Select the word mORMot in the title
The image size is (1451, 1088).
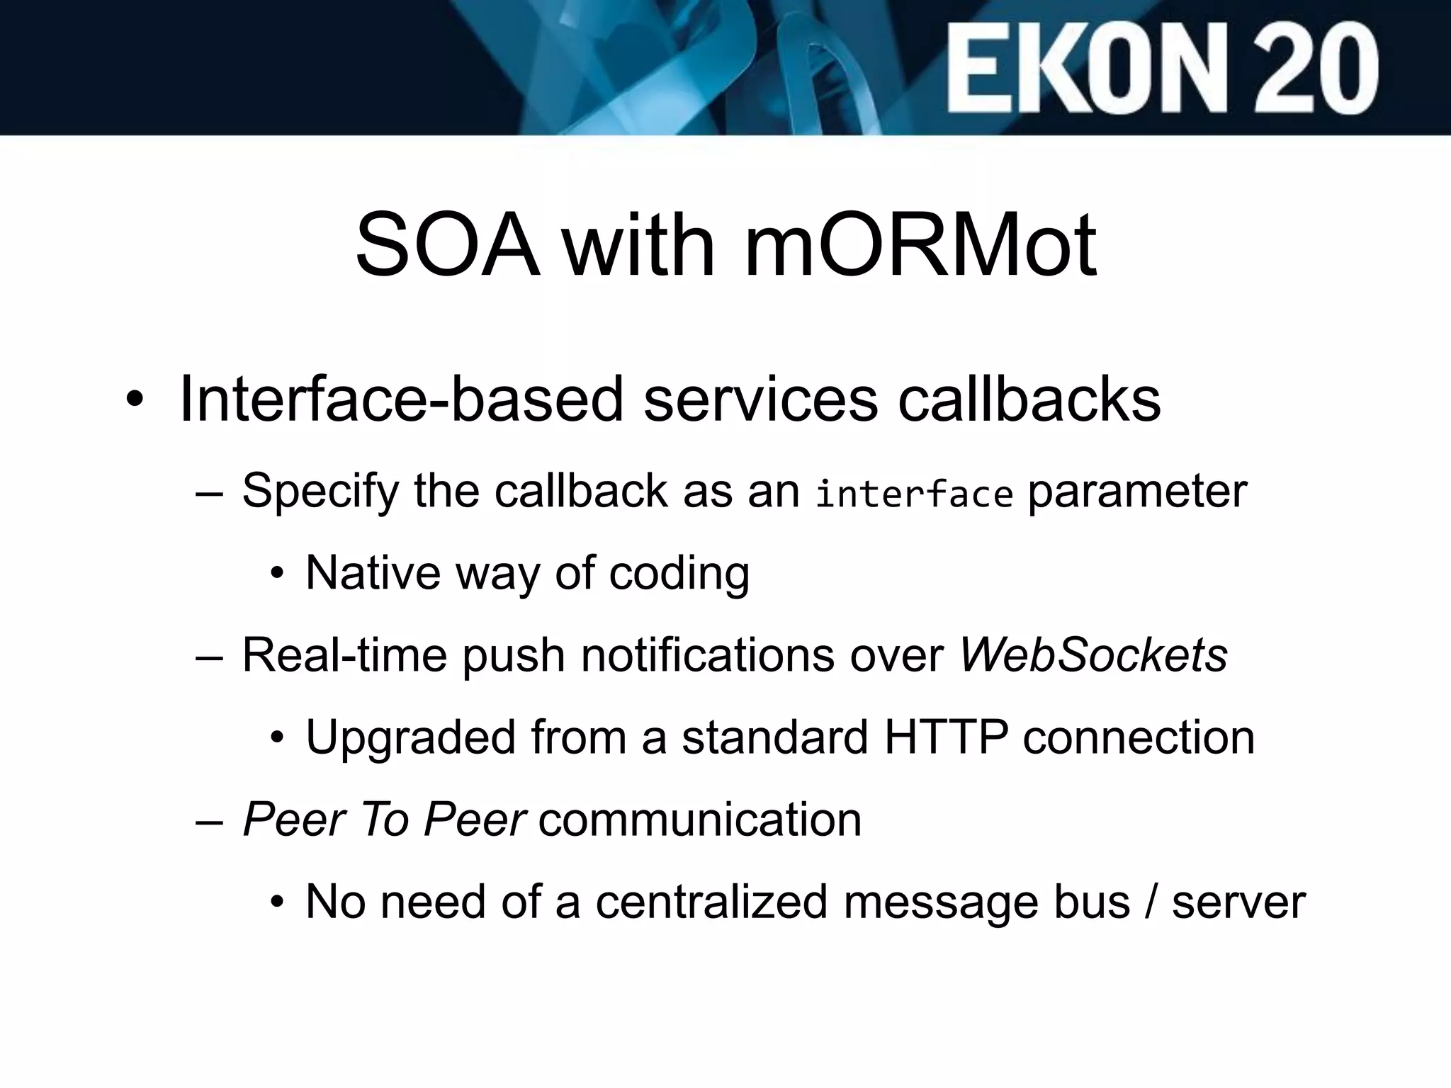tap(920, 245)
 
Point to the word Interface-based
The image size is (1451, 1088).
tap(402, 399)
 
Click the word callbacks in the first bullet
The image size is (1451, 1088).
tap(1029, 399)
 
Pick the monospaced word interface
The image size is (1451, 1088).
tap(914, 493)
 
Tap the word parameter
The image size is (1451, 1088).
tap(1137, 492)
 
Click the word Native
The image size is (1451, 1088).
tap(373, 572)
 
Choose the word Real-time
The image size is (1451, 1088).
tap(344, 655)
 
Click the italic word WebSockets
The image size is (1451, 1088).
tap(1093, 655)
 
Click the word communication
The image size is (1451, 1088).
tap(700, 820)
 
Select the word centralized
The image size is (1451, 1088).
tap(711, 902)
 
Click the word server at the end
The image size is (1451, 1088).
tap(1238, 903)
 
